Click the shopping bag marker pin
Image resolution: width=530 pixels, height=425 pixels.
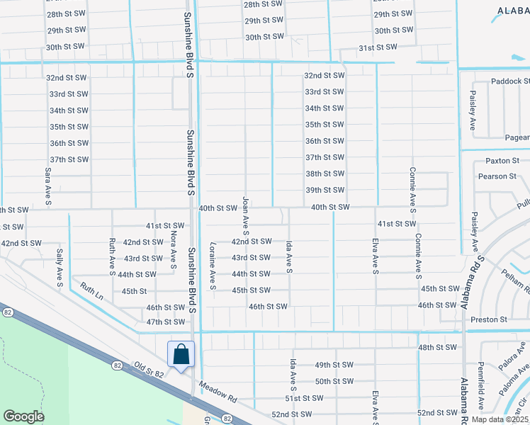click(181, 354)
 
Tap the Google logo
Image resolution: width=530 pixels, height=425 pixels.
click(23, 416)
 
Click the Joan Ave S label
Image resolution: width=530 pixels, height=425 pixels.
click(246, 216)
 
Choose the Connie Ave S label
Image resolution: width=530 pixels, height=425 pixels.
click(412, 188)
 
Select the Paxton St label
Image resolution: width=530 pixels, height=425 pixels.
click(502, 161)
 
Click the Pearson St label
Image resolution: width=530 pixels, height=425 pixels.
click(497, 176)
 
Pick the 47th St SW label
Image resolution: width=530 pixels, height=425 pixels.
click(165, 322)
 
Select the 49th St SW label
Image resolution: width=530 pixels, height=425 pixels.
click(334, 365)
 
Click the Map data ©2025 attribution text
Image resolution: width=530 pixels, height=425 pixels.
click(500, 419)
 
